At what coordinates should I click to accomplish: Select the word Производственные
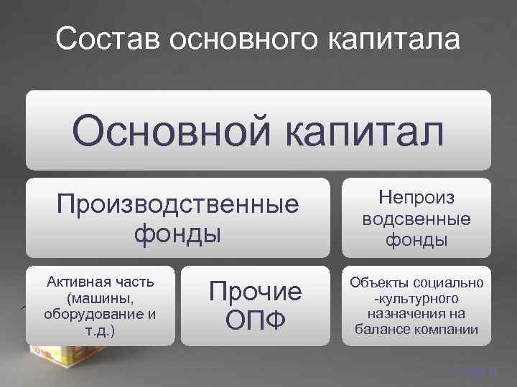(177, 205)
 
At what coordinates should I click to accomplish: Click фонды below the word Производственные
(177, 234)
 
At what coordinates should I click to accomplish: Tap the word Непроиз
(416, 198)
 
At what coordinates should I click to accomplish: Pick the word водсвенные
(416, 218)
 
